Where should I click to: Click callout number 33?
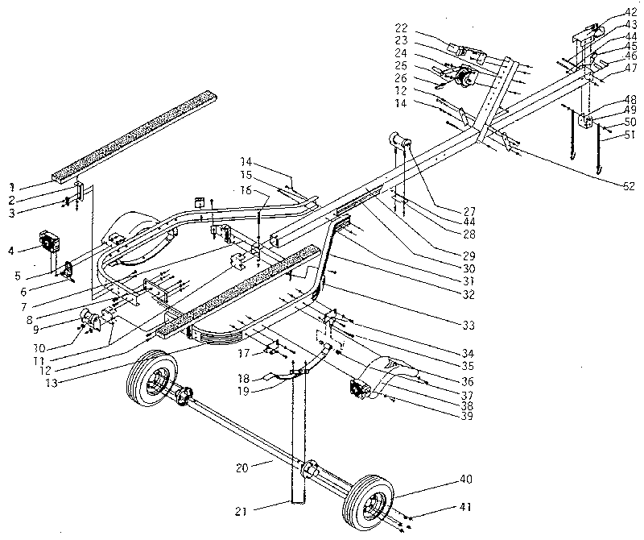click(x=464, y=325)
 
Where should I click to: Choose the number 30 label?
click(x=464, y=268)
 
